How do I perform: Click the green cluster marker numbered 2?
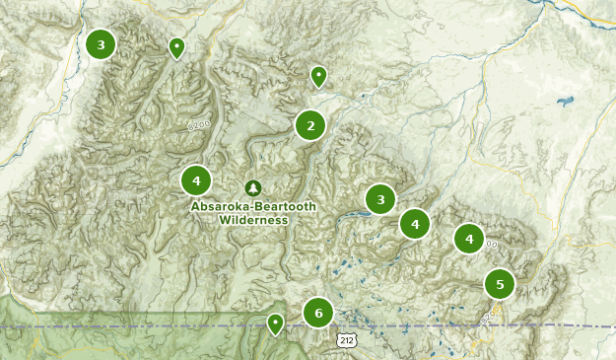[310, 125]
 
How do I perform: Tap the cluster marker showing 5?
[500, 285]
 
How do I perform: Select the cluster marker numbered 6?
[317, 314]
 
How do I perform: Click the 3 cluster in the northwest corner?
[101, 44]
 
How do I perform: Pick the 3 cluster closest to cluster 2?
[380, 199]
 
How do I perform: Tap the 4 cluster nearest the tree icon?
[196, 180]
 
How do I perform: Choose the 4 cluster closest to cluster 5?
[469, 239]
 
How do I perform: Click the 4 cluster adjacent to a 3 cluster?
[415, 224]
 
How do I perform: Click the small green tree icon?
[253, 187]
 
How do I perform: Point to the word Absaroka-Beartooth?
[253, 207]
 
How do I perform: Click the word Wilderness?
[253, 221]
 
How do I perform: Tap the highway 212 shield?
[344, 340]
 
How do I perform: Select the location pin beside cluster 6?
[276, 323]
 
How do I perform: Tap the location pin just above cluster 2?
[318, 75]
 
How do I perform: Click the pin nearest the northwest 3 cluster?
[176, 46]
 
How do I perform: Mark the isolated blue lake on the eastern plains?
[565, 101]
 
